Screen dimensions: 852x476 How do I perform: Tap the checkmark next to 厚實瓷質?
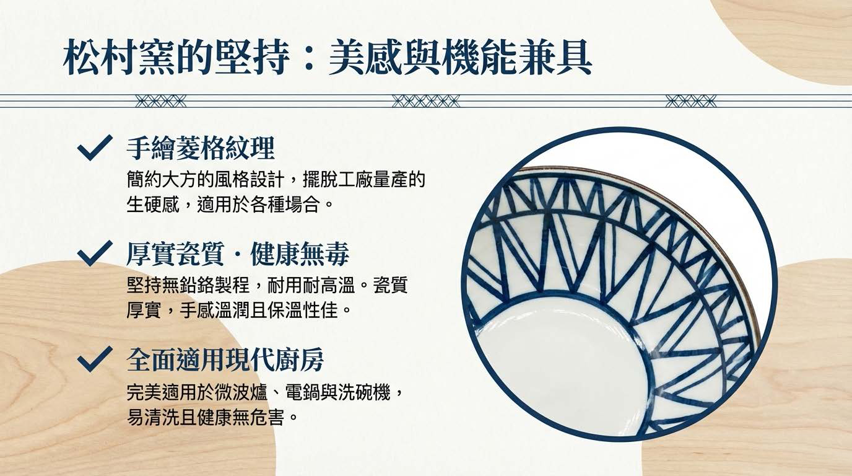[x=95, y=253]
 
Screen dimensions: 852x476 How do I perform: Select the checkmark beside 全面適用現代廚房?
[x=95, y=359]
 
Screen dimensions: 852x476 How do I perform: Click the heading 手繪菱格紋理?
[x=201, y=148]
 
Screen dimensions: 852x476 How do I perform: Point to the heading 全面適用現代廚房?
[x=225, y=359]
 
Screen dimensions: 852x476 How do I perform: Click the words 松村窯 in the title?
[x=120, y=58]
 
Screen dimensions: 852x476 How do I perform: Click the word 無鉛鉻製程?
[x=206, y=285]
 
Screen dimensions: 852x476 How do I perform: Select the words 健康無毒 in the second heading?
[x=300, y=254]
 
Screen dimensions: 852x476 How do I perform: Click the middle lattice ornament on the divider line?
[x=426, y=101]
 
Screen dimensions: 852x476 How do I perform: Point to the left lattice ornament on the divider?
[x=160, y=101]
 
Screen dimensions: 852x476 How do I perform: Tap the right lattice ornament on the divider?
[x=691, y=101]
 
